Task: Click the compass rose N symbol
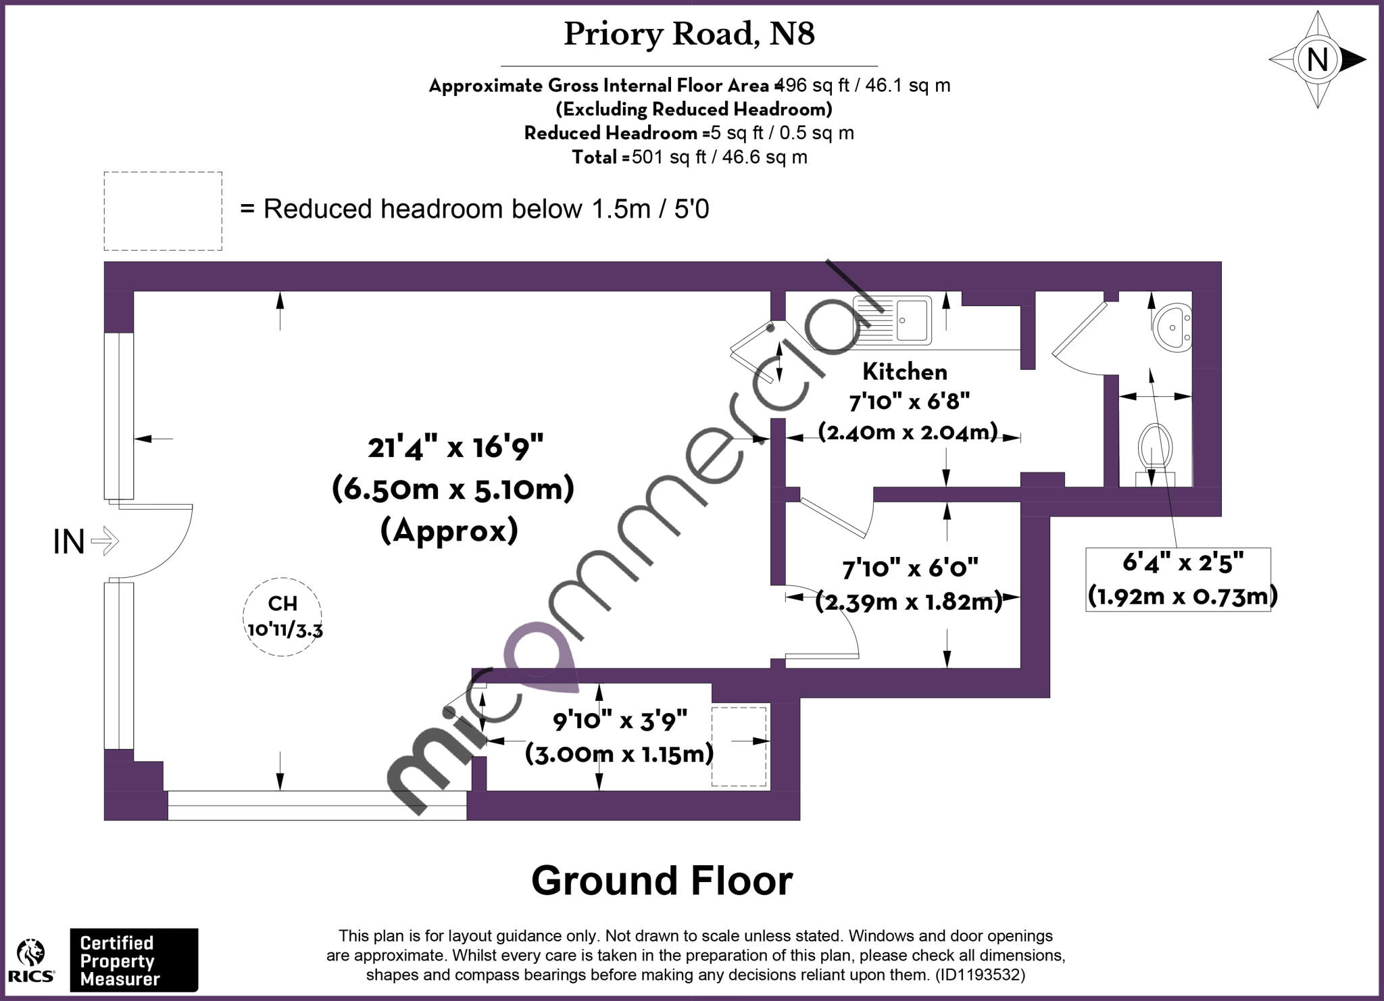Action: pyautogui.click(x=1317, y=60)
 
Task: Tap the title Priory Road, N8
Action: pyautogui.click(x=689, y=34)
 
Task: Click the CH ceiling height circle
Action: pyautogui.click(x=282, y=616)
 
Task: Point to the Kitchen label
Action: pyautogui.click(x=905, y=372)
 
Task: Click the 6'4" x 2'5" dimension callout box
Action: pyautogui.click(x=1179, y=579)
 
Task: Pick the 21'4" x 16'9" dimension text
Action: pyautogui.click(x=455, y=447)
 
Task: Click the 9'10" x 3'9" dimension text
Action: pyautogui.click(x=620, y=721)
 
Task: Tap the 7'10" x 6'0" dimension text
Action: pyautogui.click(x=910, y=568)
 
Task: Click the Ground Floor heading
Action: pyautogui.click(x=662, y=881)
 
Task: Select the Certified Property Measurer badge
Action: pyautogui.click(x=134, y=960)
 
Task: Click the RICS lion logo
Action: pyautogui.click(x=31, y=960)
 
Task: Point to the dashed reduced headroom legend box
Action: pyautogui.click(x=163, y=211)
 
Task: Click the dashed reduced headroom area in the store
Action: pyautogui.click(x=739, y=746)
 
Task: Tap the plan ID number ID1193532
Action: pyautogui.click(x=979, y=975)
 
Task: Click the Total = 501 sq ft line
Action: pyautogui.click(x=689, y=157)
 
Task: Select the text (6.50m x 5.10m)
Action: pyautogui.click(x=453, y=489)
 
